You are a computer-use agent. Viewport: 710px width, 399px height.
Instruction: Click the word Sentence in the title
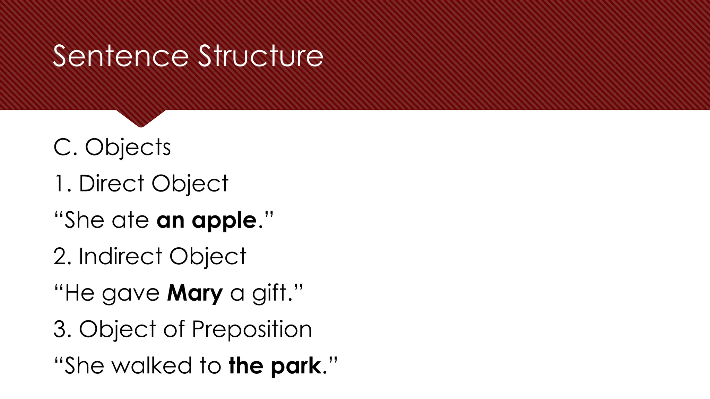click(120, 56)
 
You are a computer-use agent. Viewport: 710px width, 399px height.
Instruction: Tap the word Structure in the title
click(261, 56)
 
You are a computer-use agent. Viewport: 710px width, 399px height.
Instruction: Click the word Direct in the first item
click(111, 183)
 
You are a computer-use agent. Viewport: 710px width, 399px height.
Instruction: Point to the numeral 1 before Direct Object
click(59, 184)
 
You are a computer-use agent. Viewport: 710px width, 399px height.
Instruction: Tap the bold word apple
click(224, 221)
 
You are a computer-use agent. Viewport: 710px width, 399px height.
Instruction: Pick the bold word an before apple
click(170, 221)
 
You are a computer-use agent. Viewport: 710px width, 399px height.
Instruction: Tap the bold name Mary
click(195, 293)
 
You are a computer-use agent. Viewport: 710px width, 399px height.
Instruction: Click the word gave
click(131, 294)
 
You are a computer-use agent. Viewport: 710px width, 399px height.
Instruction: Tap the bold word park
click(296, 366)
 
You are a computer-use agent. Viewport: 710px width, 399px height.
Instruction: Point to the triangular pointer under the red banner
click(141, 118)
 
